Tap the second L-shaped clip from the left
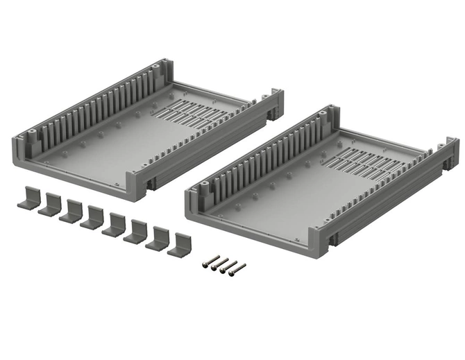[x=49, y=205]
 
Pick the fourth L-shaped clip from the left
[x=92, y=217]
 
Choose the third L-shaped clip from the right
[x=135, y=231]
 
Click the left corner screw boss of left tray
[x=32, y=132]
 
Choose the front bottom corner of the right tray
[x=321, y=245]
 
